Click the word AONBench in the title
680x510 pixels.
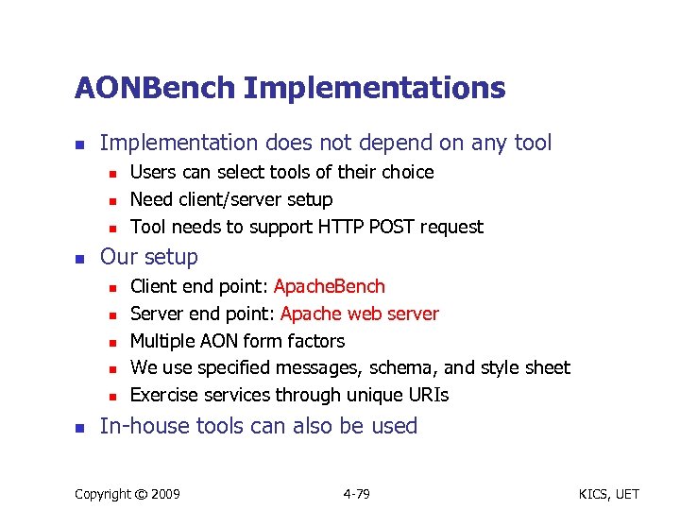point(156,89)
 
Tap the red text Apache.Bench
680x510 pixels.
point(330,286)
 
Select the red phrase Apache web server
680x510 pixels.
point(360,314)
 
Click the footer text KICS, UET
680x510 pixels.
point(612,494)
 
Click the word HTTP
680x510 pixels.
point(339,227)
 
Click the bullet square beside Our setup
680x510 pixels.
point(80,258)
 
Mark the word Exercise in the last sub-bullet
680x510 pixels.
point(161,395)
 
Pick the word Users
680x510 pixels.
point(151,172)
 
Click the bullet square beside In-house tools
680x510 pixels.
point(80,427)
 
